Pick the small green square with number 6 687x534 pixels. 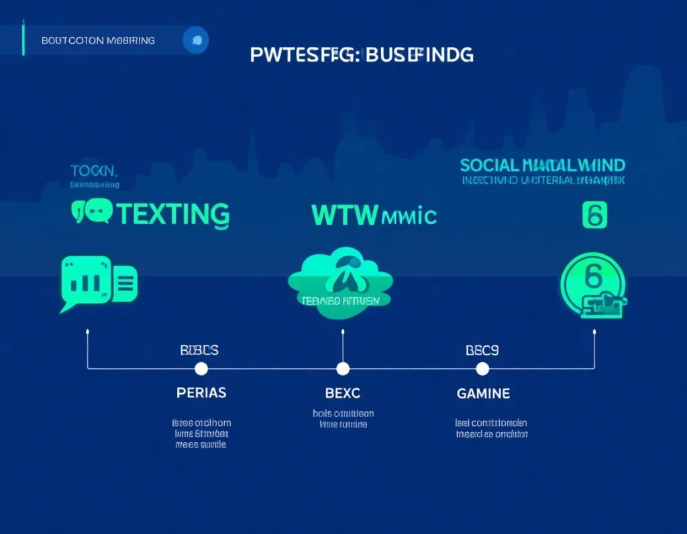(x=594, y=216)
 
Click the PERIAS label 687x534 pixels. (x=201, y=393)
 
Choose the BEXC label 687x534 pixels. (x=343, y=393)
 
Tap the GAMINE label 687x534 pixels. (x=483, y=393)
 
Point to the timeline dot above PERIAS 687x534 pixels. (x=201, y=368)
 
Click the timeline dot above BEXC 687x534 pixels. (x=343, y=368)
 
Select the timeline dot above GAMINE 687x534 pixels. (x=482, y=368)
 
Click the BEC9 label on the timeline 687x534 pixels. (x=482, y=350)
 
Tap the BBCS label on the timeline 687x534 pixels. (x=199, y=350)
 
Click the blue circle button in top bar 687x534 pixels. (x=196, y=40)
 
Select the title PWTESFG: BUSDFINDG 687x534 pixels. (x=362, y=54)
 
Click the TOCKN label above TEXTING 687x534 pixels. (x=94, y=170)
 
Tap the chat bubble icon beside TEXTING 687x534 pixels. (x=92, y=212)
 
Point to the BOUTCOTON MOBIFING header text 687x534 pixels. (x=98, y=40)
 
